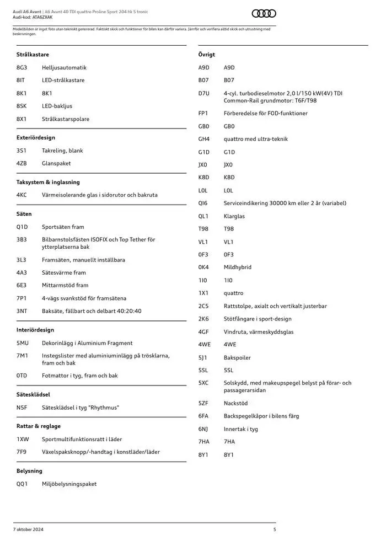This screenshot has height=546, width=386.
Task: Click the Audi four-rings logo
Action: (264, 14)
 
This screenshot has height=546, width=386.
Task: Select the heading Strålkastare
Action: (33, 55)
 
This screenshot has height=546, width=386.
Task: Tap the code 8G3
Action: (22, 68)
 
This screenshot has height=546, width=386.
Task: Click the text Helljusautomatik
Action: (64, 68)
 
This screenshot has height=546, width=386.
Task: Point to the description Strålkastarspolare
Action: (66, 119)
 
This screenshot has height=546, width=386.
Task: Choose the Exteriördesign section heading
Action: (36, 138)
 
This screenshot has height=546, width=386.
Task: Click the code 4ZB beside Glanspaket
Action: (22, 163)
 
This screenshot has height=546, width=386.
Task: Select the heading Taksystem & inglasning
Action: (48, 182)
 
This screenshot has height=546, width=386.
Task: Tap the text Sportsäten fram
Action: (63, 227)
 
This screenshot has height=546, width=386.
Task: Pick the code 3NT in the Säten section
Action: (22, 311)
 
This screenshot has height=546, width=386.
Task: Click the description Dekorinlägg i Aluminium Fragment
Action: (87, 343)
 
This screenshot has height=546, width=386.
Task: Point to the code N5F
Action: (22, 408)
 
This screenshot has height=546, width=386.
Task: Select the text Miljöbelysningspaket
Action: (69, 484)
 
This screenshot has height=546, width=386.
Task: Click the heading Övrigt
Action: (207, 55)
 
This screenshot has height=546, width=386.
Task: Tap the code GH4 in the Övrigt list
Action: (204, 139)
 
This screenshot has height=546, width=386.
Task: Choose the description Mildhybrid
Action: (238, 267)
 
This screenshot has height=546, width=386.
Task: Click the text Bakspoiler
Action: (237, 358)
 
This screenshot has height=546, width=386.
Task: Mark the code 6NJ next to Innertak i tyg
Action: (203, 429)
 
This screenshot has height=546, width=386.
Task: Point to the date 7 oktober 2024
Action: (28, 529)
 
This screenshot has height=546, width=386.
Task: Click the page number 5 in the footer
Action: (274, 529)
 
